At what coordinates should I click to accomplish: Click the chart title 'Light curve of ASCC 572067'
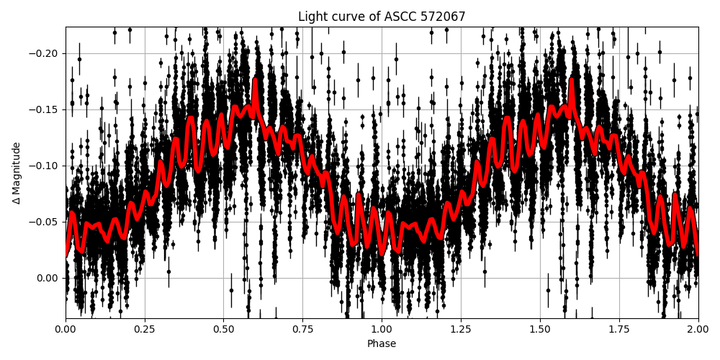(x=382, y=17)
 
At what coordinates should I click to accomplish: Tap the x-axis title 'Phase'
(x=382, y=344)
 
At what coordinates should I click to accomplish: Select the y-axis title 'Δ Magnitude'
(x=17, y=173)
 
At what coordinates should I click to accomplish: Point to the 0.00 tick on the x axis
(x=66, y=330)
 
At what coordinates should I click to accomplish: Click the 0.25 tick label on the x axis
(x=145, y=330)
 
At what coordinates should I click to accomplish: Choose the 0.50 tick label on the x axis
(x=224, y=330)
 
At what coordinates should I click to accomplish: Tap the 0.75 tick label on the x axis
(x=302, y=330)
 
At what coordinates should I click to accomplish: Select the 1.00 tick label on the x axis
(x=382, y=330)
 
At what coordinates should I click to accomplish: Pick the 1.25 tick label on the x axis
(x=461, y=330)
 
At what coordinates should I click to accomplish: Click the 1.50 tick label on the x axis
(x=540, y=330)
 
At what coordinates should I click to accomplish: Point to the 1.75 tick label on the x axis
(x=619, y=330)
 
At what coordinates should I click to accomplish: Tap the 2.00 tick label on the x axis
(x=698, y=330)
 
